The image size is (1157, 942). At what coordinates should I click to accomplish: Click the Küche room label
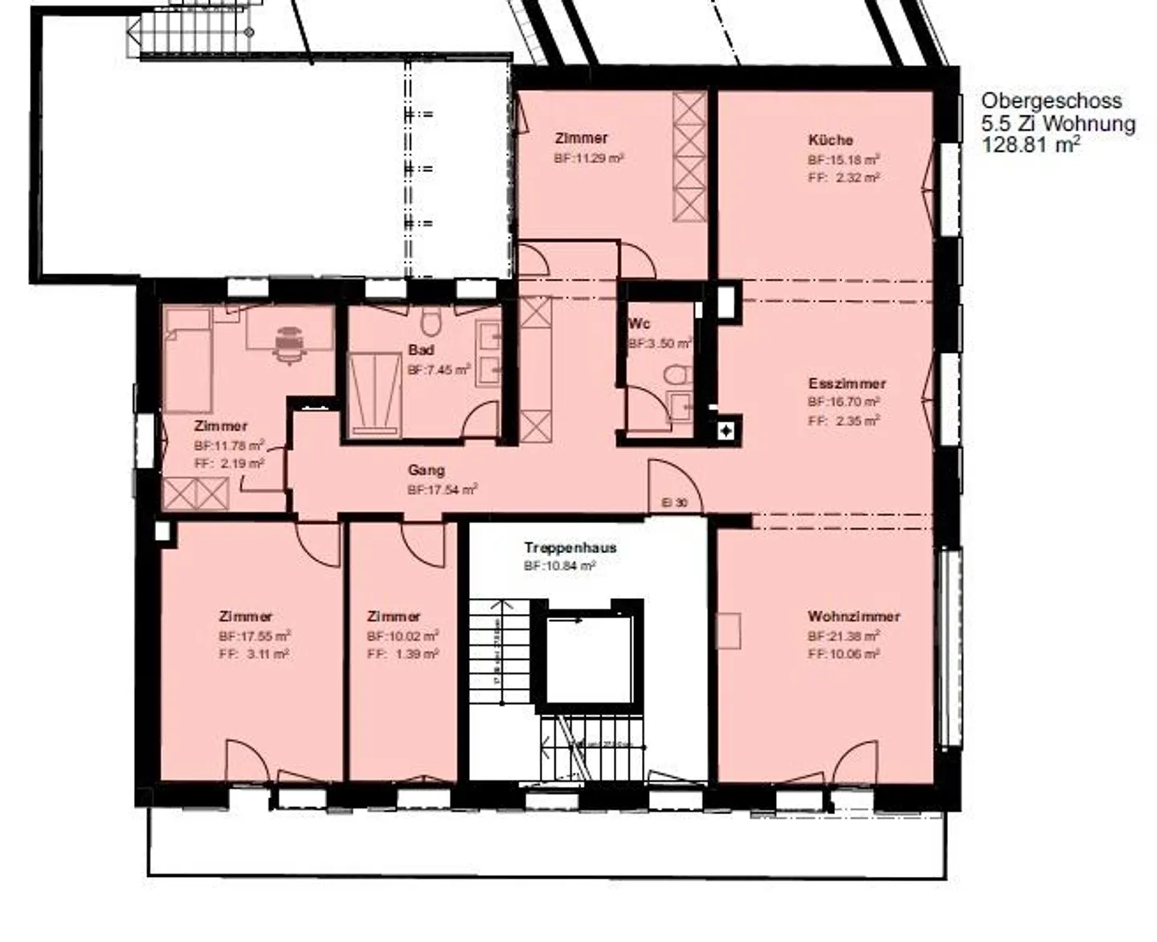(831, 140)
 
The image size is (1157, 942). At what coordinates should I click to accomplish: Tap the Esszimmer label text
(847, 383)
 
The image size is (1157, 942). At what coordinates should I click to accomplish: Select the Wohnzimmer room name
(853, 616)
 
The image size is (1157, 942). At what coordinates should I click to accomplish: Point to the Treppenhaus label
(570, 547)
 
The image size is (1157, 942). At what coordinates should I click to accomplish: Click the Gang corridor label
(426, 470)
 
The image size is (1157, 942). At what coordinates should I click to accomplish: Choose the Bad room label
(421, 350)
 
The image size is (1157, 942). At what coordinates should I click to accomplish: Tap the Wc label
(639, 324)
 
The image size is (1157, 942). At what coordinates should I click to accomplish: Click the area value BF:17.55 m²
(254, 636)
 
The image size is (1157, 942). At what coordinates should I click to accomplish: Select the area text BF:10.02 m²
(403, 636)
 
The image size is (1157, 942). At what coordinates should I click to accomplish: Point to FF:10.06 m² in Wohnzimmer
(844, 654)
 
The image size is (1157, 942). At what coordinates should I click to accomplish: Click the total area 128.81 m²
(1031, 145)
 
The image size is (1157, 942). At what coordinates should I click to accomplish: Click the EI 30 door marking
(674, 502)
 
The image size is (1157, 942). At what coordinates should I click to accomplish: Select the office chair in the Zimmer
(289, 344)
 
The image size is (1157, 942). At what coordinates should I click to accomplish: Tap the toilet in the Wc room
(679, 375)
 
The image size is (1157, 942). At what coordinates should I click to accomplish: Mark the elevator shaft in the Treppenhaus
(588, 653)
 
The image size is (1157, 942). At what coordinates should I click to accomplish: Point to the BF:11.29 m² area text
(588, 158)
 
